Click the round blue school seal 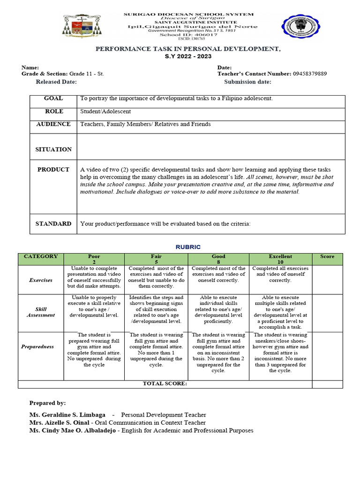pos(299,28)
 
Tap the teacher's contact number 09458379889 pos(310,74)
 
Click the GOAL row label pos(53,99)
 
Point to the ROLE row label pos(53,112)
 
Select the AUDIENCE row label pos(53,124)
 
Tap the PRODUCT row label pos(53,170)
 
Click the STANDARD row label pos(53,224)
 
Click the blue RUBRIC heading pos(187,247)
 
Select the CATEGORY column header pos(41,257)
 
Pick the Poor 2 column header pos(94,259)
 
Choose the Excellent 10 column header pos(280,259)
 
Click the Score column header pos(327,257)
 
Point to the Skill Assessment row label pos(41,313)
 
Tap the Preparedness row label pos(41,347)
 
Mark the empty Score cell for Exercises pos(327,280)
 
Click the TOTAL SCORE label pos(165,384)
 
